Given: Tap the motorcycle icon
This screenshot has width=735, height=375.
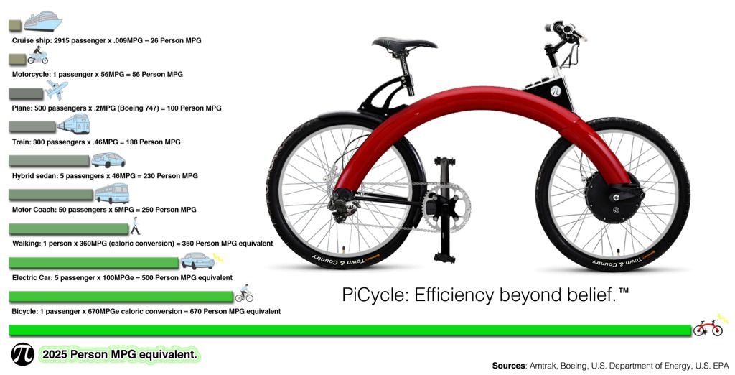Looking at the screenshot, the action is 37,56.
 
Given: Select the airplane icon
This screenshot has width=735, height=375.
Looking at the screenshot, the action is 57,89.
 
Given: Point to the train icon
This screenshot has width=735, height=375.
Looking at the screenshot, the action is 73,124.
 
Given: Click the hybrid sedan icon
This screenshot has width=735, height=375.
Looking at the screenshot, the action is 108,160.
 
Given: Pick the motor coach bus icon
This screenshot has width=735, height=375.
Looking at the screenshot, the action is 112,193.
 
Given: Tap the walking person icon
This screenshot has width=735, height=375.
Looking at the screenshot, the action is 135,226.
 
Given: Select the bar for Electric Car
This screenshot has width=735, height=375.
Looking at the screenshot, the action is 94,263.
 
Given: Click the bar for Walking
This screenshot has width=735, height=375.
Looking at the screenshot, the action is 68,229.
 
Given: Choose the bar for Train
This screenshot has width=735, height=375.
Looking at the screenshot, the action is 32,126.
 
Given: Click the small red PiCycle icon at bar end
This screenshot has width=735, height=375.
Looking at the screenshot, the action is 708,328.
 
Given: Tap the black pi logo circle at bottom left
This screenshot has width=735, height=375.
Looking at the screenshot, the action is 22,354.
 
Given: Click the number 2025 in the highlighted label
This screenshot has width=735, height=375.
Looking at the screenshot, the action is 55,355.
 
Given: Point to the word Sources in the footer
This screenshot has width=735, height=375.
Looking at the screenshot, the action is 509,366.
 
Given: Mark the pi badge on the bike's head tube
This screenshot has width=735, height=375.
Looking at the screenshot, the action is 556,91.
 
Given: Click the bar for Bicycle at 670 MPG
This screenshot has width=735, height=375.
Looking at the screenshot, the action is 121,297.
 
